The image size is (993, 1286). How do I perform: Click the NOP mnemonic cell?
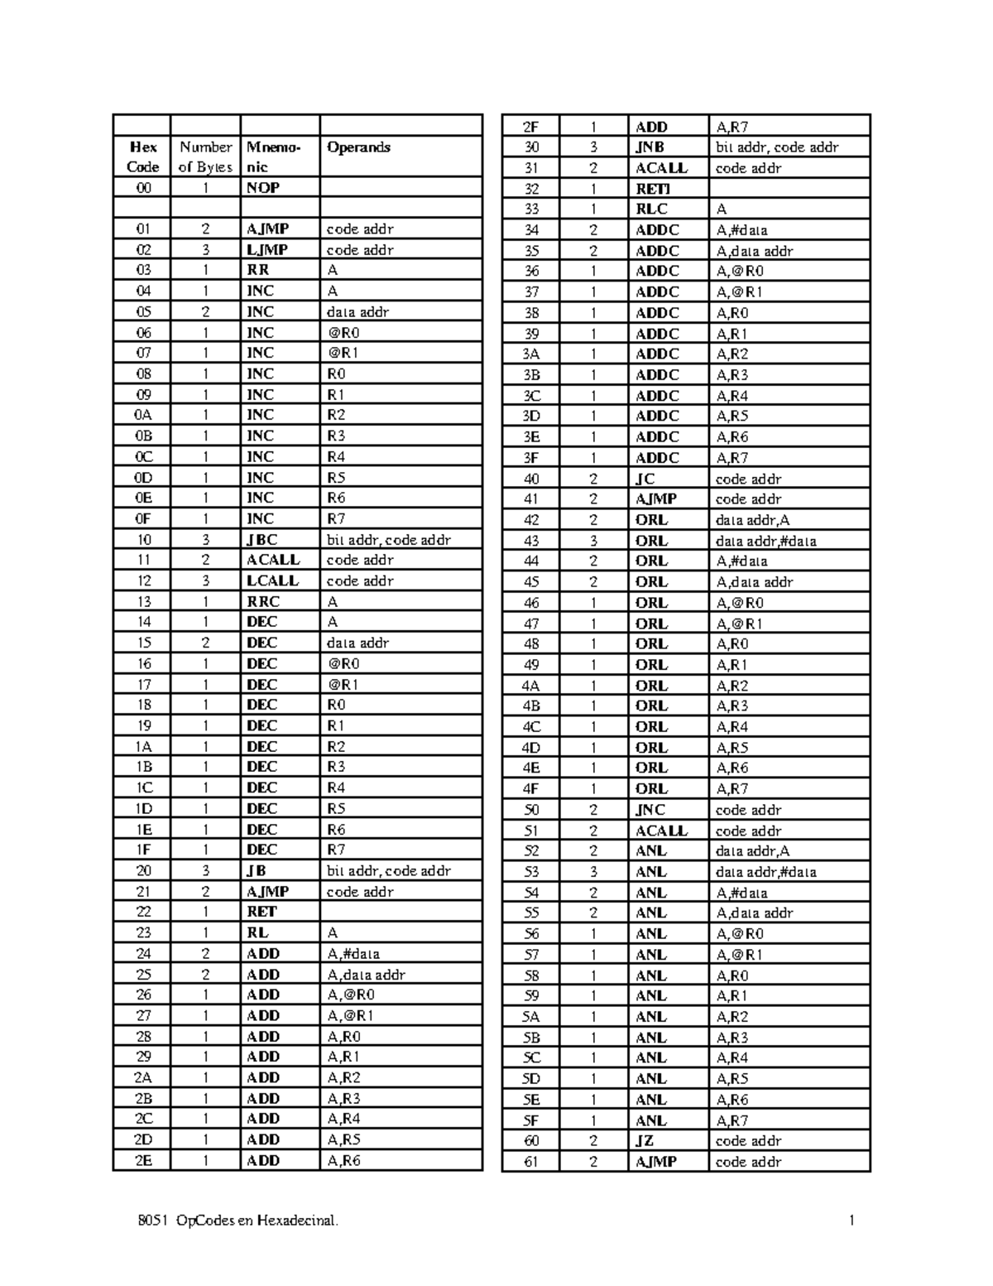pos(263,188)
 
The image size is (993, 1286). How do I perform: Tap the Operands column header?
pos(359,147)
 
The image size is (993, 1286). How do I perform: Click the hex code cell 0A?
pos(143,415)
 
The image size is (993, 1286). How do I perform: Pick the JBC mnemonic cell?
pos(261,540)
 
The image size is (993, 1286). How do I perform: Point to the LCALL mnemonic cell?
pos(272,581)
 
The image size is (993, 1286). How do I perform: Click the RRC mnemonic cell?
pos(263,602)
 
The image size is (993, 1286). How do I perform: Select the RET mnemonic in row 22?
pos(261,912)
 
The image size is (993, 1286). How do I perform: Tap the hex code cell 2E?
pos(143,1160)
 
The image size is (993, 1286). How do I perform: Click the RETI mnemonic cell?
pos(652,189)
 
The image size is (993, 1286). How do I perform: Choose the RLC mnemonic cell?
pos(651,210)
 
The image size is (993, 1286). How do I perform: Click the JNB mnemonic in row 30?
pos(650,147)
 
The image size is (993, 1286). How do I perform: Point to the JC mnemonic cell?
pos(645,479)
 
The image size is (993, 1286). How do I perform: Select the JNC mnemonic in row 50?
pos(650,810)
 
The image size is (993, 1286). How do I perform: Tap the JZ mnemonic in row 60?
pos(645,1140)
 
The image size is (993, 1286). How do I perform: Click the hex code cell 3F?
pos(531,458)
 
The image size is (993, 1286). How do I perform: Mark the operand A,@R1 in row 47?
pos(739,624)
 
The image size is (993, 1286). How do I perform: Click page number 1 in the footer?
pos(851,1221)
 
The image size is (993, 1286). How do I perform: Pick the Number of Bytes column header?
pos(205,157)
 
